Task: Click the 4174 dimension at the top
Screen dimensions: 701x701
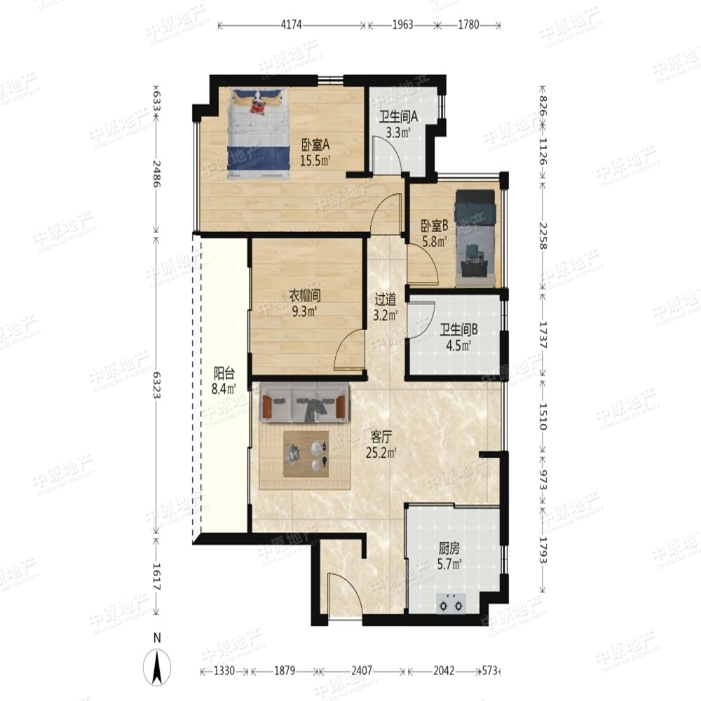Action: (291, 25)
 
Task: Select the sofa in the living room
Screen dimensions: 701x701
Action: (304, 402)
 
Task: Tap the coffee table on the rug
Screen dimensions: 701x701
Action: (306, 454)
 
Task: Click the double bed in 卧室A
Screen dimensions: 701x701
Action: (258, 133)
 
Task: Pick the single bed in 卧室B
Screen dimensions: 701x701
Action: (476, 238)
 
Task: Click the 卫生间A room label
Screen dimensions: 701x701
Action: (398, 117)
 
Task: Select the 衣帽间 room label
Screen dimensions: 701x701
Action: (304, 296)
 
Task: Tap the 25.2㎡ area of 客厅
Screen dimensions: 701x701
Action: (381, 453)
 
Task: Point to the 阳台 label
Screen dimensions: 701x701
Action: (224, 373)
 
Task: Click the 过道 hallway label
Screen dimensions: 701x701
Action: (386, 299)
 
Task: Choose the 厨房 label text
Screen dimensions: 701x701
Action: (449, 549)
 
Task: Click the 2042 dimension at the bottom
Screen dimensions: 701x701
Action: (444, 671)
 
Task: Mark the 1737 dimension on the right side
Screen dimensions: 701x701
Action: (543, 335)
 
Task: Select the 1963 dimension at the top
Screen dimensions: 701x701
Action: (403, 25)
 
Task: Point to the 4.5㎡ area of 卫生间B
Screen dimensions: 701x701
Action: (458, 346)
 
